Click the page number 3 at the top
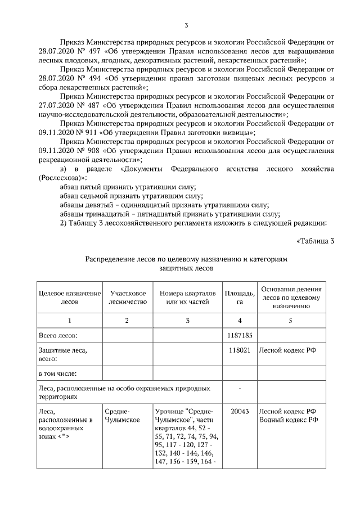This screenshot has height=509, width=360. [x=186, y=25]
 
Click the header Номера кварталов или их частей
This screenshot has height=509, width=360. [x=187, y=297]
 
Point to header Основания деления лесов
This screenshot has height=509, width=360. [x=290, y=297]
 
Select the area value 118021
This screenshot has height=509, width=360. [x=240, y=349]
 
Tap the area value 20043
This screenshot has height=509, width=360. [x=240, y=411]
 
